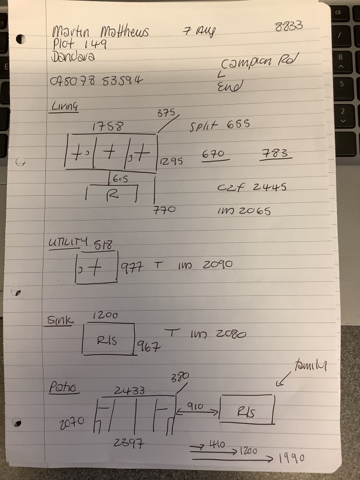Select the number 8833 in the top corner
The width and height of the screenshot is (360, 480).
[x=288, y=27]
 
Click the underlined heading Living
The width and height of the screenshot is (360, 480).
[x=65, y=106]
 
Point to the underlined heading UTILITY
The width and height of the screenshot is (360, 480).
[x=67, y=241]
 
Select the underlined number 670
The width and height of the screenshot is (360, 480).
[x=214, y=154]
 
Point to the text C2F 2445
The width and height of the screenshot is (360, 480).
[x=252, y=186]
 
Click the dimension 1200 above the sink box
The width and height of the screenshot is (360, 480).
[x=105, y=316]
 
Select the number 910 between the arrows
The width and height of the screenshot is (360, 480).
[x=194, y=406]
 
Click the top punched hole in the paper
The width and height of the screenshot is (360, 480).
[x=21, y=39]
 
